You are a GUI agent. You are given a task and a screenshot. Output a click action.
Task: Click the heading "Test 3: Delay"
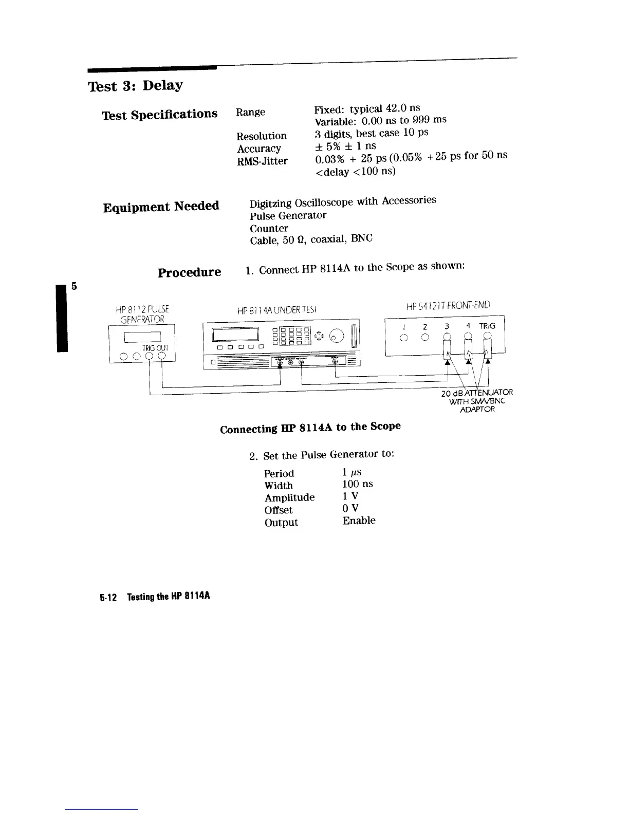pyautogui.click(x=136, y=85)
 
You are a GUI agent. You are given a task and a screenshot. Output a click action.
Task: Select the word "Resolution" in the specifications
pyautogui.click(x=262, y=136)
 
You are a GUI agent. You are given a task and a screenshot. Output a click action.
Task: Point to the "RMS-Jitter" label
pyautogui.click(x=262, y=161)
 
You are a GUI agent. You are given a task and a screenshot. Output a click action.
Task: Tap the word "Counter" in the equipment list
pyautogui.click(x=269, y=228)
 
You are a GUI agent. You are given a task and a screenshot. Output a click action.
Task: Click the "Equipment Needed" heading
pyautogui.click(x=161, y=207)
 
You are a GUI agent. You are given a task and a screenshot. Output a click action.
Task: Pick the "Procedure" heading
pyautogui.click(x=189, y=272)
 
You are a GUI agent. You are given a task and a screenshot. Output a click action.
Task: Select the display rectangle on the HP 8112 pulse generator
pyautogui.click(x=143, y=337)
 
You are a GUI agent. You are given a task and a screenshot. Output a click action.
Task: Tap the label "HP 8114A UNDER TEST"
pyautogui.click(x=277, y=310)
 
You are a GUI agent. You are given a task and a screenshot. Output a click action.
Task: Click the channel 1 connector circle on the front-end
pyautogui.click(x=404, y=338)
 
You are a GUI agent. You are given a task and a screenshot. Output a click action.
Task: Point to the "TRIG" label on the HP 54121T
pyautogui.click(x=487, y=326)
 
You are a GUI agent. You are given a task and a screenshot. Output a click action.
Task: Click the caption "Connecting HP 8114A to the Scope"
pyautogui.click(x=310, y=428)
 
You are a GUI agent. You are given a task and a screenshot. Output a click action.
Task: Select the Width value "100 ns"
pyautogui.click(x=358, y=484)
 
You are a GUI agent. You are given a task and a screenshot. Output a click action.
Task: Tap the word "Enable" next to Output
pyautogui.click(x=359, y=521)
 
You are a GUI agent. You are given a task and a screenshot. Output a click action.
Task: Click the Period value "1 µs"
pyautogui.click(x=352, y=472)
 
